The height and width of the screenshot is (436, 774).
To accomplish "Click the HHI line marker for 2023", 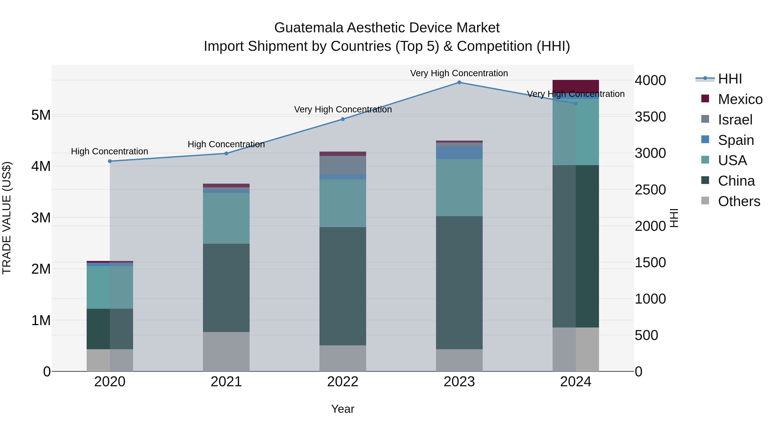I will coord(459,82).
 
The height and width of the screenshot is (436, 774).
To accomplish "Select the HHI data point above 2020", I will coord(110,161).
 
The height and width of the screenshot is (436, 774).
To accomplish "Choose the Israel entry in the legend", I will coord(735,120).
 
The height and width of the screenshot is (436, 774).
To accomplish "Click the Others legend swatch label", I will coord(739,201).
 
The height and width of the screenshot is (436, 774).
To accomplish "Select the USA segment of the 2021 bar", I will coord(226,218).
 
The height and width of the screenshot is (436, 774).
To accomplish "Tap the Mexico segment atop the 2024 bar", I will coord(576,86).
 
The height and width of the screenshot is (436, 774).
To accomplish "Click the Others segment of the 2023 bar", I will coord(459,360).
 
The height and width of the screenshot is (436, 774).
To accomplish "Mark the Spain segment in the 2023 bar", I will coord(459,153).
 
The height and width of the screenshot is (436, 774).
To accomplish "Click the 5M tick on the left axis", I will coord(41,115).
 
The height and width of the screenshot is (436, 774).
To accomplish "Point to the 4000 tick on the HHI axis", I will coord(650,81).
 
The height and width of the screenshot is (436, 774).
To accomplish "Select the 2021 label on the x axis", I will coord(226,382).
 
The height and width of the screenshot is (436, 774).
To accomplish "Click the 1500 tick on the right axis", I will coord(650,263).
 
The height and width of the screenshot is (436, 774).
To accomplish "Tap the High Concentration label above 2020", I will coord(110,151).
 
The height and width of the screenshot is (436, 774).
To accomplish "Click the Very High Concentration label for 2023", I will coord(459,73).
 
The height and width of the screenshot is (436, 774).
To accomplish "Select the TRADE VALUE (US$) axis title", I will coord(7,218).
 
